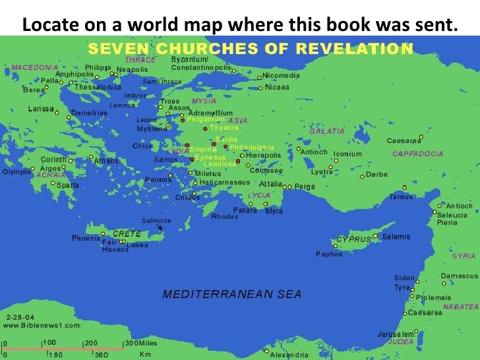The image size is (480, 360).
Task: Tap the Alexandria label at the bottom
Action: coord(288,355)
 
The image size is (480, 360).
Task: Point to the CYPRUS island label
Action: coord(353,239)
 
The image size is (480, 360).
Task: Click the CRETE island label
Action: coord(127,234)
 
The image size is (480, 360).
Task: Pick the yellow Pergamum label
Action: coord(206,120)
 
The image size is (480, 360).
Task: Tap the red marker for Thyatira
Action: coord(205,128)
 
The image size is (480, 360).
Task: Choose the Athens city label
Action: coord(106,160)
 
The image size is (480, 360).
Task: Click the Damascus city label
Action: coord(459,276)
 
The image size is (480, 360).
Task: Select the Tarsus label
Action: coord(400,197)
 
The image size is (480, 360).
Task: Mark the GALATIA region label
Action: coord(326,131)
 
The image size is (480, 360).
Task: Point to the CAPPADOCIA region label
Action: coord(417,154)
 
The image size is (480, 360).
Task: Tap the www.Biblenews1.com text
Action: coord(42,325)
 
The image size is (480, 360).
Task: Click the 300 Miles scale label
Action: coord(142,343)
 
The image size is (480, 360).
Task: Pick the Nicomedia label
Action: coord(282,76)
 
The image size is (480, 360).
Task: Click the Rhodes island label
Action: coord(224,216)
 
